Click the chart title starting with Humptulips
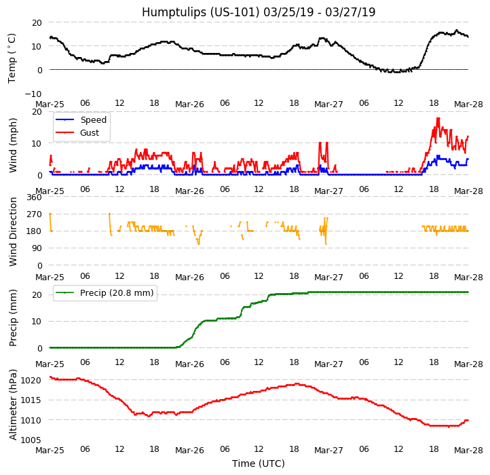(259, 12)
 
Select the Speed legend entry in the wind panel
(93, 120)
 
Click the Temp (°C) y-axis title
(12, 58)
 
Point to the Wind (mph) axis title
(14, 145)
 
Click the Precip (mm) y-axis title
(14, 318)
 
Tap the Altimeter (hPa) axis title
(14, 404)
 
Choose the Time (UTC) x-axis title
(259, 463)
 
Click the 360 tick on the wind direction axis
(34, 197)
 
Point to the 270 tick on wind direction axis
(34, 214)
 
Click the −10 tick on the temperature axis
(33, 94)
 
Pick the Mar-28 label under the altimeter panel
(468, 451)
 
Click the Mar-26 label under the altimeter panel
(189, 451)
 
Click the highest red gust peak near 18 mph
(438, 119)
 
